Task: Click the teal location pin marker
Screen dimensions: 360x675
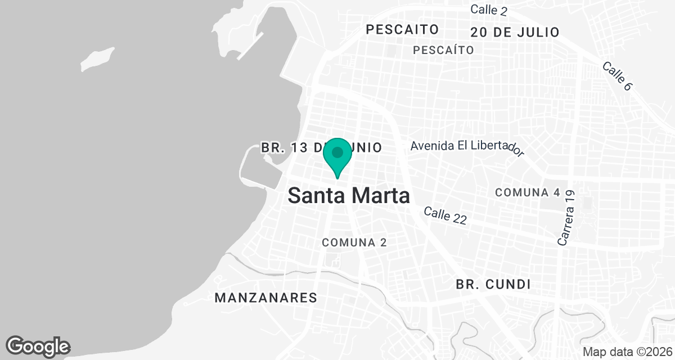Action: [x=337, y=156]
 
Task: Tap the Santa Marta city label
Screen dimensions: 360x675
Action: [x=348, y=196]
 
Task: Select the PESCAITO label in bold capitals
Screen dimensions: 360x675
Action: [x=402, y=29]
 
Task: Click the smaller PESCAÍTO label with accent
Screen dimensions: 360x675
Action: [x=443, y=50]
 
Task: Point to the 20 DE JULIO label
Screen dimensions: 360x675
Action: [x=515, y=32]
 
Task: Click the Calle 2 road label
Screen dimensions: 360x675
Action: [x=489, y=9]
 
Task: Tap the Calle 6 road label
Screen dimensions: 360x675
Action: [x=617, y=76]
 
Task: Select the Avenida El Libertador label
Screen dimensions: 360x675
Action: [x=467, y=147]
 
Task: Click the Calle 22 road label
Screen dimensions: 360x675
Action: [x=445, y=215]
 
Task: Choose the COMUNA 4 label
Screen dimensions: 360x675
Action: [x=528, y=192]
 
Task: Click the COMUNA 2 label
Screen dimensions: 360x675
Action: [x=354, y=242]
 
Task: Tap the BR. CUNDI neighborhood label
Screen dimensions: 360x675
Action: [x=494, y=285]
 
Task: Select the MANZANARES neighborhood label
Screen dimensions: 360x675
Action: [x=266, y=298]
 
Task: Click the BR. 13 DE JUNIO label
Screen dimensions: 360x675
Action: [x=321, y=148]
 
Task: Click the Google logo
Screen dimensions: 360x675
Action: [x=38, y=346]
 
